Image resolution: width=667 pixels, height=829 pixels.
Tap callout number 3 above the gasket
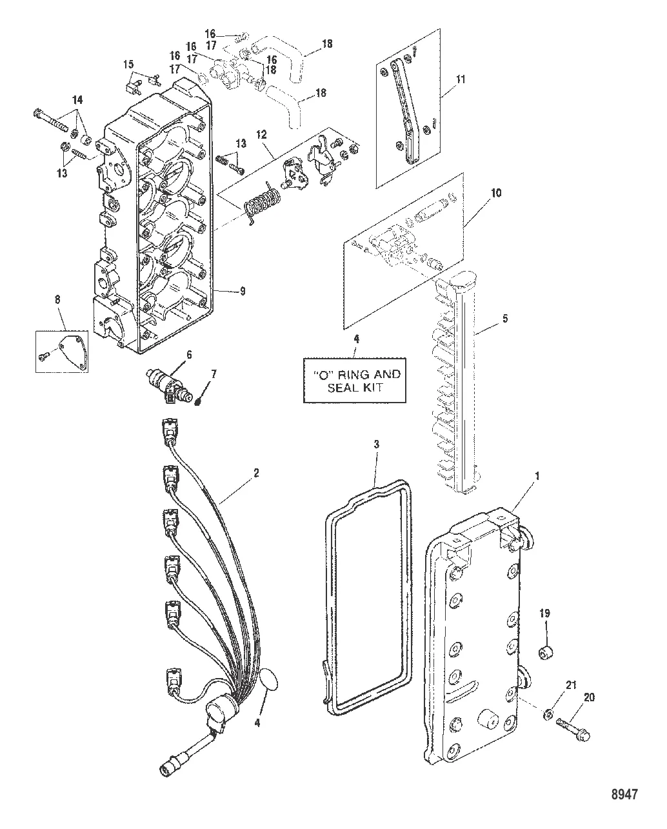375,444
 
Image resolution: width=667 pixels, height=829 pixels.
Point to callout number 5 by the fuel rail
505,317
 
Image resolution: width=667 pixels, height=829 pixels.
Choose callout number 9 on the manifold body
243,292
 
